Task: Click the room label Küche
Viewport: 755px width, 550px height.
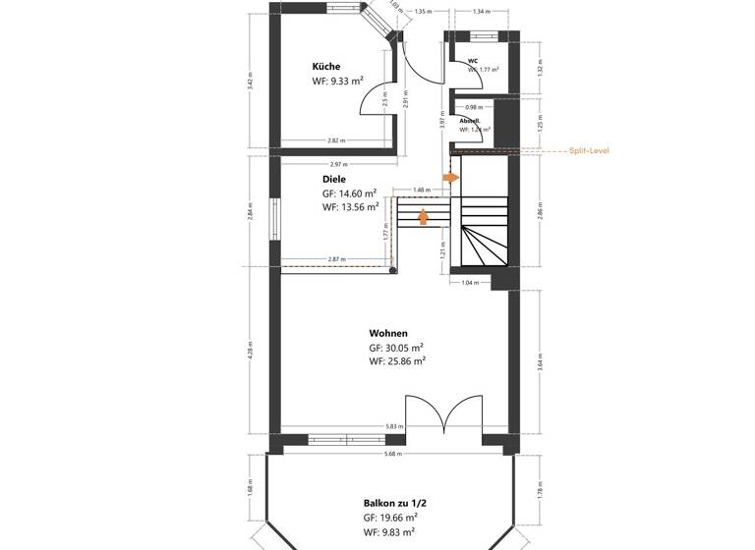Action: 326,67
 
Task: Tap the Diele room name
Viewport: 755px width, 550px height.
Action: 334,180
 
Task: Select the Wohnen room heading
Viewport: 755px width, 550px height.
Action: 388,332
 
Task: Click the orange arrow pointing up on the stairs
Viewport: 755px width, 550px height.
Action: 424,216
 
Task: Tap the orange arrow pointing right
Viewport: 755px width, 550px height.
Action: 451,178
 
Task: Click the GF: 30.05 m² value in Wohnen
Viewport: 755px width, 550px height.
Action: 396,348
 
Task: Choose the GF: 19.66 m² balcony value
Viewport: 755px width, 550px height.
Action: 391,517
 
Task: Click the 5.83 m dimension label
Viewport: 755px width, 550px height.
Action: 393,427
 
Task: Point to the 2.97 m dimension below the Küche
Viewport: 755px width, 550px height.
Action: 339,164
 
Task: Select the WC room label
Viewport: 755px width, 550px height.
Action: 473,61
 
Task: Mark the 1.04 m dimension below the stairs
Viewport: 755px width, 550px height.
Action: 469,283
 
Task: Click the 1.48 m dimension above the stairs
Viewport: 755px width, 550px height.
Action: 421,190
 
